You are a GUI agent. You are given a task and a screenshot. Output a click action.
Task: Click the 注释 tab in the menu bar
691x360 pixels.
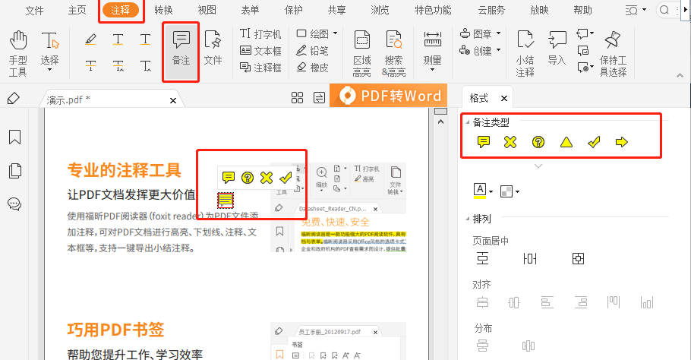coord(120,10)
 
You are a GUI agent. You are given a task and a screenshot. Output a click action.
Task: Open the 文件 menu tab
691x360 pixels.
coord(35,10)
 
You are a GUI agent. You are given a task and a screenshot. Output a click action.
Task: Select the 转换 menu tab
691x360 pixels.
coord(163,10)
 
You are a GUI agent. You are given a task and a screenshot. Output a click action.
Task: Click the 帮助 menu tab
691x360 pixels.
coord(583,10)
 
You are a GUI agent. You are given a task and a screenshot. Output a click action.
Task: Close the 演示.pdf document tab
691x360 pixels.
coord(173,100)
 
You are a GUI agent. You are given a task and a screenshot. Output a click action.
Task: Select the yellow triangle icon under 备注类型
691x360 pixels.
coord(566,141)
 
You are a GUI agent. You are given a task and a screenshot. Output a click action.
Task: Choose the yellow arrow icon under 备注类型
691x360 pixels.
coord(622,141)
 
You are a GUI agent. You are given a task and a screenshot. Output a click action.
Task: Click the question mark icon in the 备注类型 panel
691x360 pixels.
coord(538,141)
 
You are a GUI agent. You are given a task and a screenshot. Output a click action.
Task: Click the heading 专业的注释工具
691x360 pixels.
coord(125,170)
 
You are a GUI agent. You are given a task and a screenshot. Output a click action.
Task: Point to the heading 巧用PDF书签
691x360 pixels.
coord(116,330)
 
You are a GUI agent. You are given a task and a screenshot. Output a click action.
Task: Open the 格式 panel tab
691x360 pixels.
coord(479,98)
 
